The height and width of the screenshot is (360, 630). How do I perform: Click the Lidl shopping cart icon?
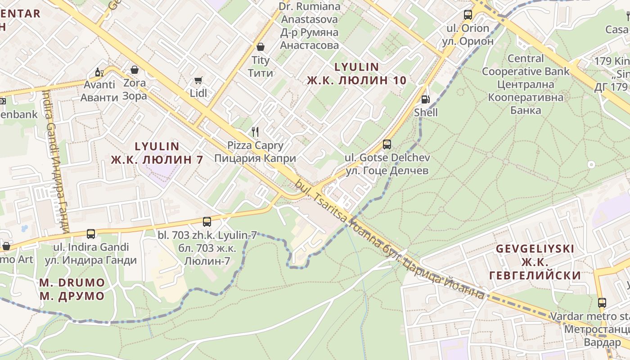pyautogui.click(x=198, y=80)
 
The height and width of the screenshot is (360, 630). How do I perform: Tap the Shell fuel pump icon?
pyautogui.click(x=425, y=99)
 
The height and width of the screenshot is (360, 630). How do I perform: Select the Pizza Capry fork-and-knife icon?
pyautogui.click(x=255, y=131)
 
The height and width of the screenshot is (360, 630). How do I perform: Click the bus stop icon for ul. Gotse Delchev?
pyautogui.click(x=387, y=144)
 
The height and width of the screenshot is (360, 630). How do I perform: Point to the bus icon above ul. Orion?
pyautogui.click(x=468, y=15)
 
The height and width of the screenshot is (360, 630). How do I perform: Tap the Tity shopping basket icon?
pyautogui.click(x=260, y=47)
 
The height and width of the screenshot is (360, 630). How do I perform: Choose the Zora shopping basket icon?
pyautogui.click(x=134, y=70)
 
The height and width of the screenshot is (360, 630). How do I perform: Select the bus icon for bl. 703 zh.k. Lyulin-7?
pyautogui.click(x=207, y=221)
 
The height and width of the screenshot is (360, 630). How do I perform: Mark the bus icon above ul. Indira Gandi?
pyautogui.click(x=91, y=234)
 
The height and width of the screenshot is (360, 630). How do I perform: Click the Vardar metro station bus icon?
pyautogui.click(x=602, y=303)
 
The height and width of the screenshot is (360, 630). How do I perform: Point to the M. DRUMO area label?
pyautogui.click(x=72, y=283)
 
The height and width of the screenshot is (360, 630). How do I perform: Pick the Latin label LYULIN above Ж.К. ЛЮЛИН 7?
pyautogui.click(x=157, y=146)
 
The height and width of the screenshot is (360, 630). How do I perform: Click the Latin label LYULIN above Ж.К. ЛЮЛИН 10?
pyautogui.click(x=356, y=67)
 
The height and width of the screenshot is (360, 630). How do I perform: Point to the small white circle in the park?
pyautogui.click(x=591, y=165)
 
